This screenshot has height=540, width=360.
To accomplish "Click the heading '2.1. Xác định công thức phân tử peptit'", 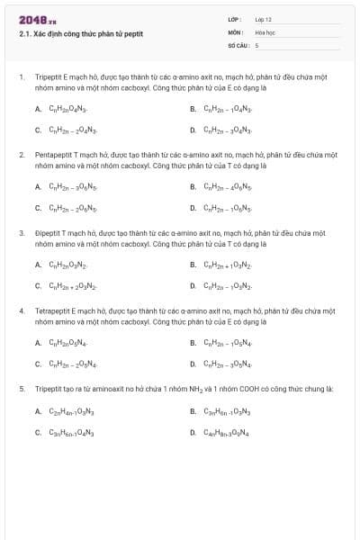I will click(x=81, y=34).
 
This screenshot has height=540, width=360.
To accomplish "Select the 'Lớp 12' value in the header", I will click(x=263, y=19).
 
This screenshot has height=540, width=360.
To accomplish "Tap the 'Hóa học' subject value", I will click(x=265, y=31).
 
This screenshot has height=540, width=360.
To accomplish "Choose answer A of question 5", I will click(x=64, y=411).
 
